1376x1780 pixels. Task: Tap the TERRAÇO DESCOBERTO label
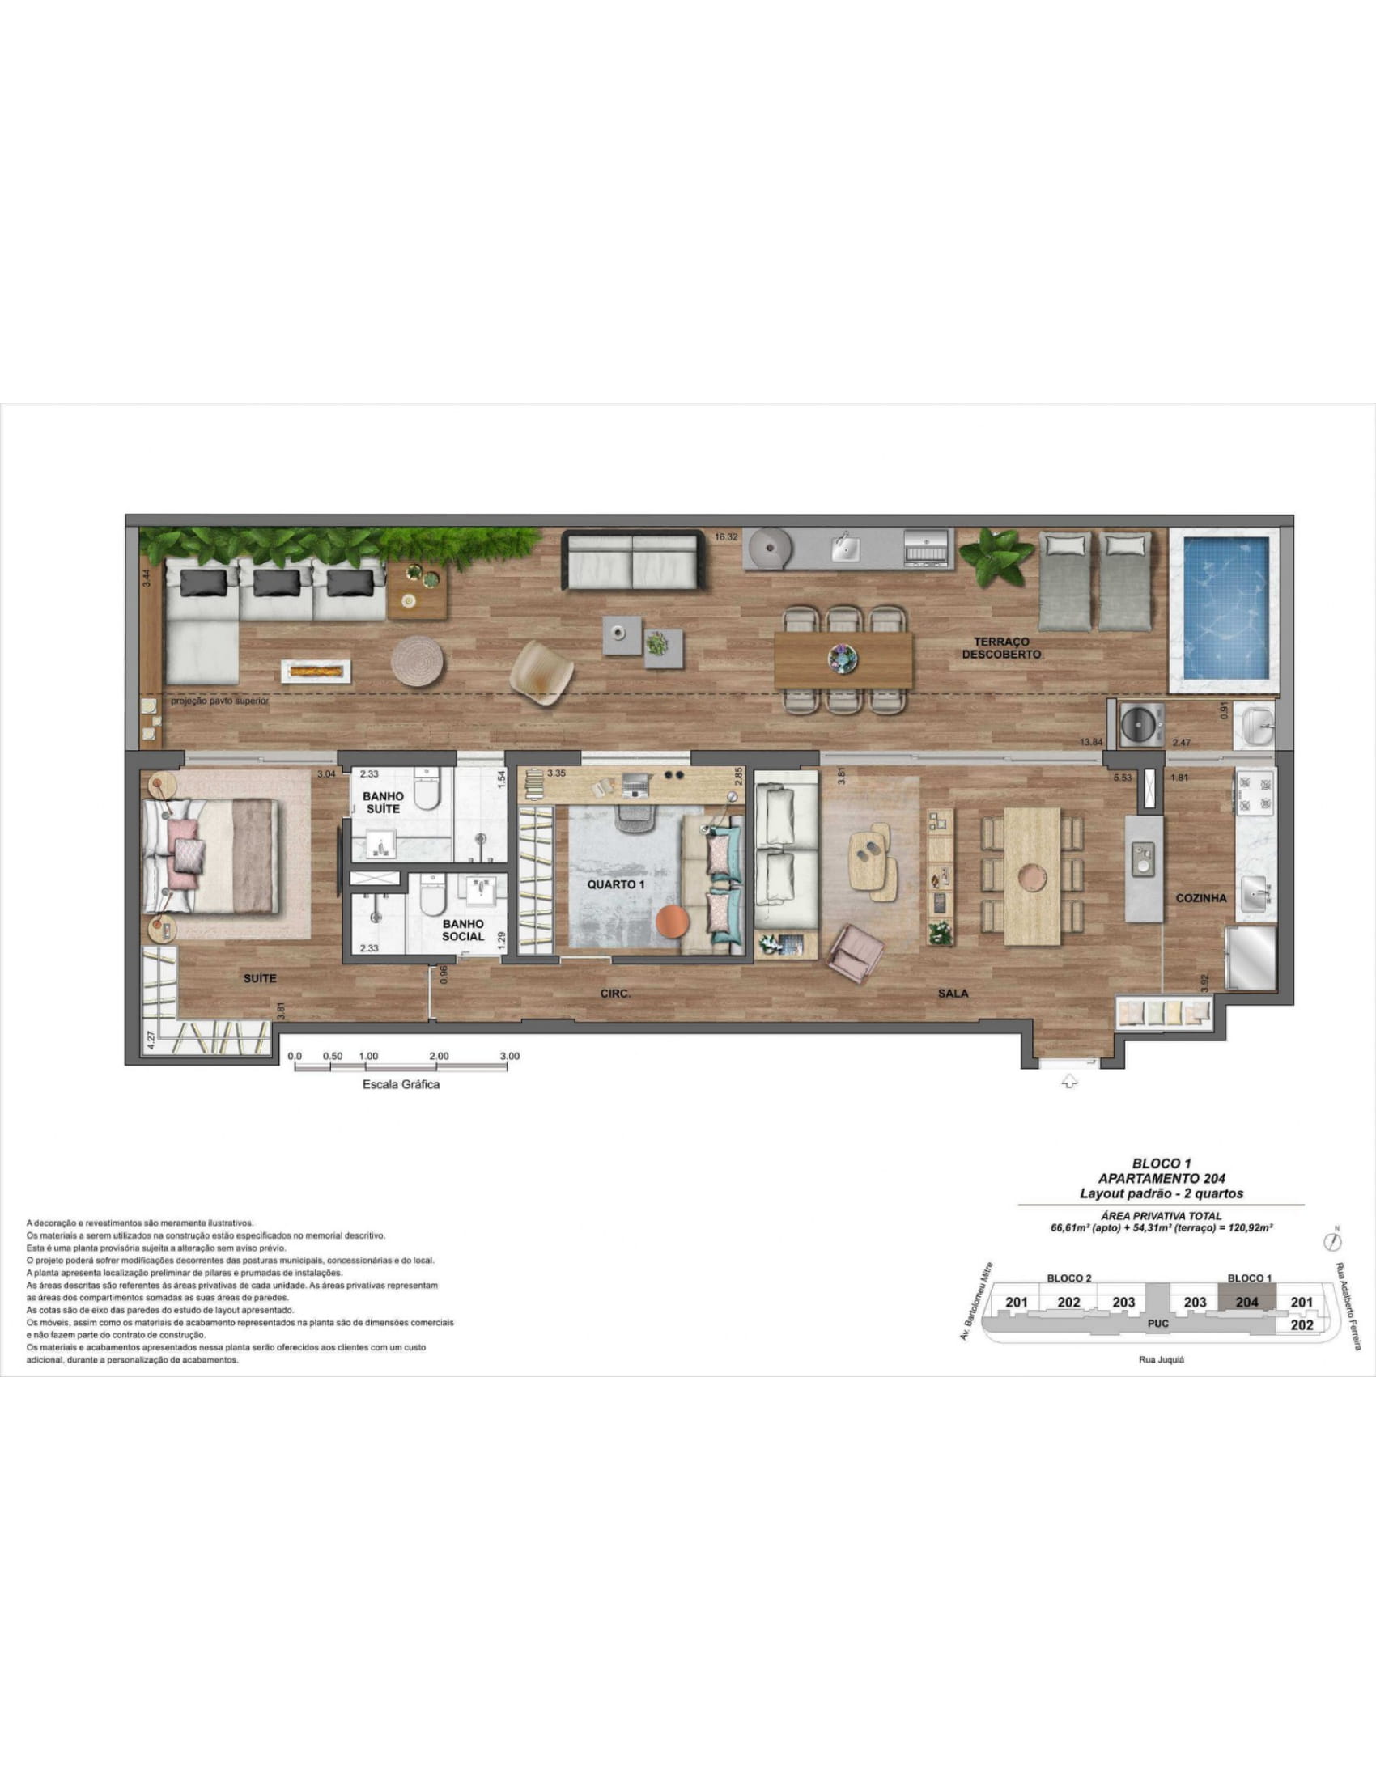tap(1001, 648)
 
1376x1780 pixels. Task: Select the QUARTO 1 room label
tap(616, 884)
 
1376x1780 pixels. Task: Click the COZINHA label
tap(1200, 898)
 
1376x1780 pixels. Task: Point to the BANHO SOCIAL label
tap(463, 930)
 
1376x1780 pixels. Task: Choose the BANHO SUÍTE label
tap(383, 803)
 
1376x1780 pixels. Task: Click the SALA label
tap(953, 994)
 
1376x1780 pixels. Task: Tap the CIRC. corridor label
tap(615, 994)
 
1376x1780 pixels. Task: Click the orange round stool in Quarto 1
tap(673, 922)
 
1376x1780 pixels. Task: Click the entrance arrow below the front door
tap(1069, 1082)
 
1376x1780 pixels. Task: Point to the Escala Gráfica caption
tap(400, 1085)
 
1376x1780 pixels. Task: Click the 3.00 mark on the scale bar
tap(509, 1056)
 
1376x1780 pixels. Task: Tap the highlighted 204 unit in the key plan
tap(1246, 1303)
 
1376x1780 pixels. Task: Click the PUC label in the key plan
tap(1157, 1324)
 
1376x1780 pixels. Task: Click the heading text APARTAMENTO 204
tap(1161, 1179)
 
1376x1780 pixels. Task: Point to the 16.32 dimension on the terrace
tap(726, 537)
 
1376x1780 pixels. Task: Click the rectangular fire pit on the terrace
tap(316, 671)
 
